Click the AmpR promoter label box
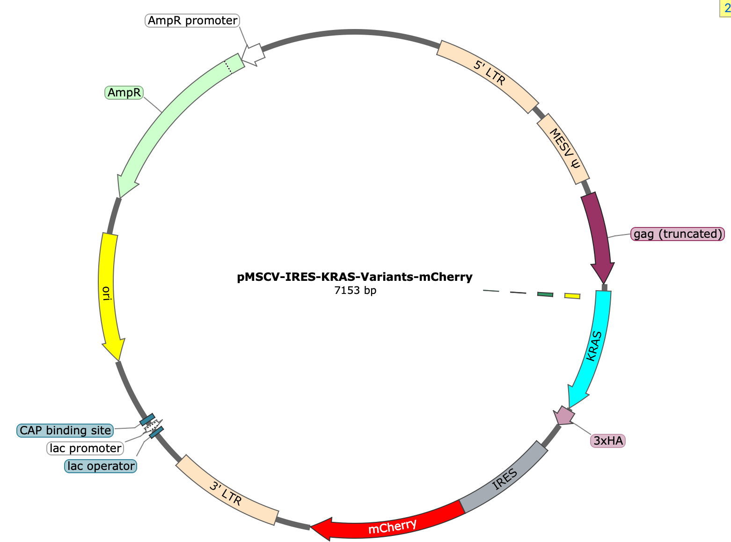point(192,21)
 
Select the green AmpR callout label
point(124,92)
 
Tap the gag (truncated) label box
point(677,234)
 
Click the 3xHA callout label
point(608,440)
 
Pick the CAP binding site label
point(65,430)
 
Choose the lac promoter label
point(85,448)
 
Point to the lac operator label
point(101,466)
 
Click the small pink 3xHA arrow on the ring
point(564,416)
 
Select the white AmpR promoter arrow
point(253,54)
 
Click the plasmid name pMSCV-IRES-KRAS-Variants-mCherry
point(355,277)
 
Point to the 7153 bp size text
point(355,290)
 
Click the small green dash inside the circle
point(545,294)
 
